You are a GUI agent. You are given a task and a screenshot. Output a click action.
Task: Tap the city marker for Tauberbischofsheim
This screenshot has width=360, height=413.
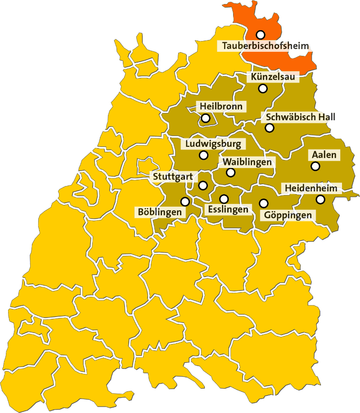pyautogui.click(x=260, y=34)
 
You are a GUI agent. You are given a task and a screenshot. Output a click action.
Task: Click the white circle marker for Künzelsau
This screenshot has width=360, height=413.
pyautogui.click(x=263, y=88)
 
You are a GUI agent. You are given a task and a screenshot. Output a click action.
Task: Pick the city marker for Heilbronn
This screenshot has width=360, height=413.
pyautogui.click(x=206, y=118)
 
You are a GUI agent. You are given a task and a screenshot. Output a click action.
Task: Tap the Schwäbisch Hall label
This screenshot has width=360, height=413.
pyautogui.click(x=301, y=117)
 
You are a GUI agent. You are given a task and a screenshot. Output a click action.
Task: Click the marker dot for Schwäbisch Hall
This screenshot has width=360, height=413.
pyautogui.click(x=269, y=128)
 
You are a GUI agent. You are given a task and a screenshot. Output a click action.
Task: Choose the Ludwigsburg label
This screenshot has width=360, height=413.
pyautogui.click(x=213, y=144)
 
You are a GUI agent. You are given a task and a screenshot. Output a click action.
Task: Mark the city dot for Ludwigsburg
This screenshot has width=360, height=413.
pyautogui.click(x=203, y=155)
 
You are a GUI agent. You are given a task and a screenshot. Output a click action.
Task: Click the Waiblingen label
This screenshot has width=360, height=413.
pyautogui.click(x=247, y=162)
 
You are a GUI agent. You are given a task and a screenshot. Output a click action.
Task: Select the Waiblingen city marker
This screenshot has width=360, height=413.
pyautogui.click(x=230, y=172)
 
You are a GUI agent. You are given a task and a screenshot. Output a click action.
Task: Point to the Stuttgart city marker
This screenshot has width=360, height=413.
pyautogui.click(x=203, y=185)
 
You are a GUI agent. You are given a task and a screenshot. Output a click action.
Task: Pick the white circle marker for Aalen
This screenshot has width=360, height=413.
pyautogui.click(x=315, y=166)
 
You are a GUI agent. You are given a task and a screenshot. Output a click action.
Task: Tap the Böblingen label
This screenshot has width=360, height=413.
pyautogui.click(x=160, y=212)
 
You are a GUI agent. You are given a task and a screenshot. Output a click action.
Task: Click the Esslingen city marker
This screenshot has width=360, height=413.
pyautogui.click(x=224, y=199)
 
